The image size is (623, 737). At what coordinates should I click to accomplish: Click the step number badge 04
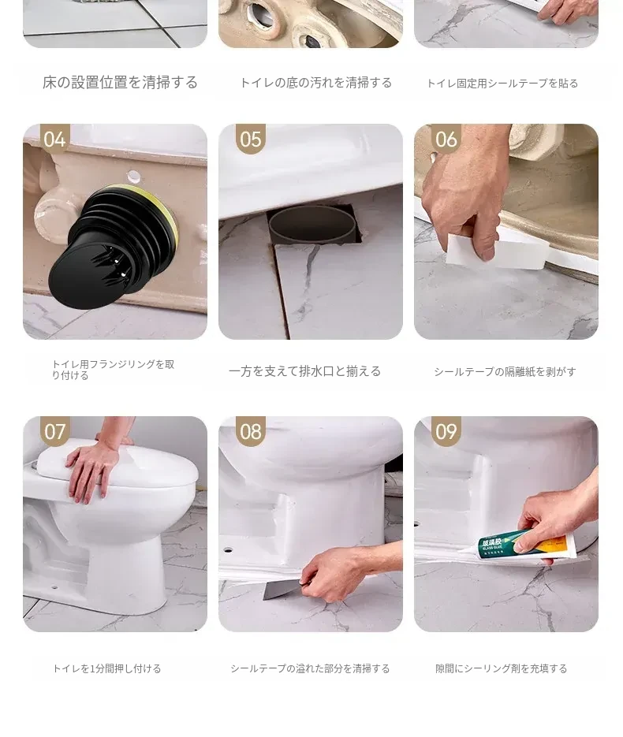point(55,139)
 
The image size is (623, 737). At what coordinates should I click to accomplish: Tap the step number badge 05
point(251,139)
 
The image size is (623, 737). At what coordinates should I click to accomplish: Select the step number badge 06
point(446,139)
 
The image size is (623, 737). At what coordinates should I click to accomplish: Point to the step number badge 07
point(55,431)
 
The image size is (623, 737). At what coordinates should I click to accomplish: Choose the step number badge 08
point(251,431)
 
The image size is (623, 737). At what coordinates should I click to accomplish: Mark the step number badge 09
point(446,431)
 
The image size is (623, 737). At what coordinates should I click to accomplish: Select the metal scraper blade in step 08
point(282,590)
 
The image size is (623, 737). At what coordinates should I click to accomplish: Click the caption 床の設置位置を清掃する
point(120,83)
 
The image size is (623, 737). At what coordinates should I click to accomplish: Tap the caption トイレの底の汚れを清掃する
point(316,84)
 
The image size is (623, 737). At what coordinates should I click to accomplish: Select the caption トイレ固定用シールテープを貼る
point(502,84)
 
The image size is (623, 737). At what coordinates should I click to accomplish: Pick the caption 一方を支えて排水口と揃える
point(304,371)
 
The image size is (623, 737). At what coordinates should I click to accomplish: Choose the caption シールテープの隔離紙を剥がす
point(505,372)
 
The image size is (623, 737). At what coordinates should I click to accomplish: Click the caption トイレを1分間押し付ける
point(106,668)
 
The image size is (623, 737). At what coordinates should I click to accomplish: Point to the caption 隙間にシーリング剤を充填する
point(502,668)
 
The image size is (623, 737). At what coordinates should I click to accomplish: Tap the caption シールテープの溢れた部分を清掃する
point(311,668)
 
